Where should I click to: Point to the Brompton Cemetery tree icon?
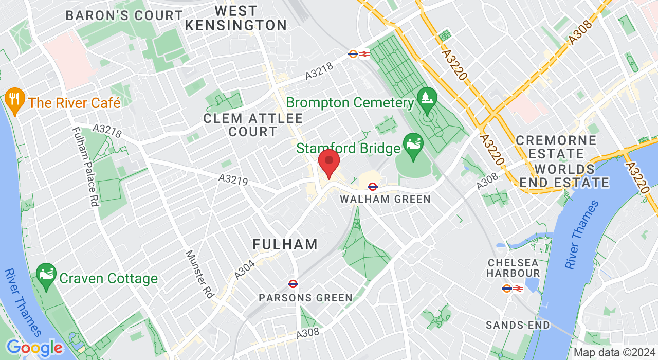point(427,98)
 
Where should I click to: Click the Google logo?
point(34,348)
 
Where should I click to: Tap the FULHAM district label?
point(285,244)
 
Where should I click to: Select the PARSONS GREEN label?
point(305,298)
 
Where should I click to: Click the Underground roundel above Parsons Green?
point(293,283)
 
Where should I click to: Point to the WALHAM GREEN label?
point(385,199)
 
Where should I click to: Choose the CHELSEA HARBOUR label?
point(514,268)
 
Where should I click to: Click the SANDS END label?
point(518,325)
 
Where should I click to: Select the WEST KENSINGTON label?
point(236,18)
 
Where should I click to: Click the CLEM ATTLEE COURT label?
point(253,125)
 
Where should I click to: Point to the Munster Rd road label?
point(199,274)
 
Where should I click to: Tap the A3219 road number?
point(233,179)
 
